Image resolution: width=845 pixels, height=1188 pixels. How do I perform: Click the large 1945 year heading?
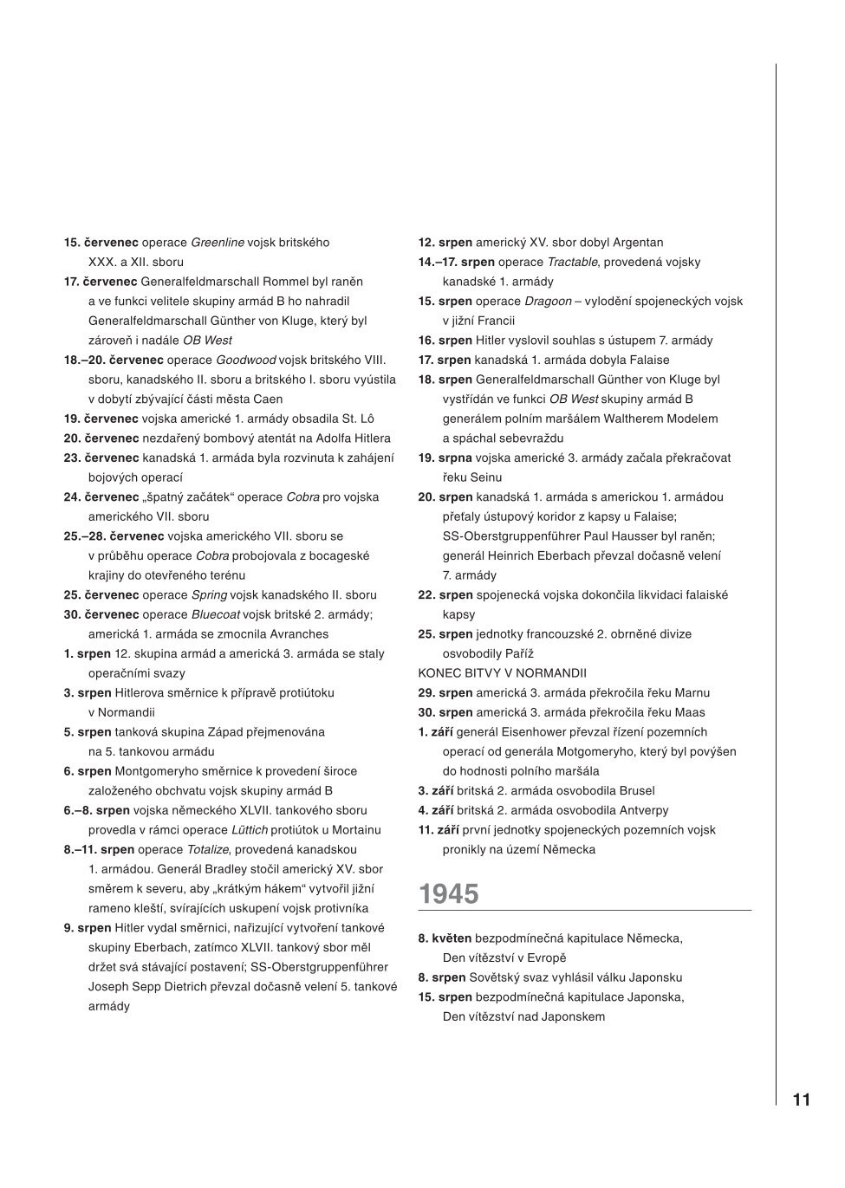tap(448, 894)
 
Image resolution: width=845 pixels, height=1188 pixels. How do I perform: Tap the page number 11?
tap(801, 1100)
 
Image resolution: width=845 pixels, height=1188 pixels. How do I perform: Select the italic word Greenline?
tap(218, 243)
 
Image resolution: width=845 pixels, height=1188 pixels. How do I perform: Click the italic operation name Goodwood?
tap(245, 360)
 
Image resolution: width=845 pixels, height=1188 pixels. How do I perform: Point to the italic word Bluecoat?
tap(216, 614)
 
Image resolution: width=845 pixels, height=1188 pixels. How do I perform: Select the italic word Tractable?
tap(572, 262)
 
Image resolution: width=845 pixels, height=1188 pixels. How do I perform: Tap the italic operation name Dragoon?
tap(548, 302)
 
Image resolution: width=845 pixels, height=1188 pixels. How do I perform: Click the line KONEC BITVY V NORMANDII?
tap(502, 673)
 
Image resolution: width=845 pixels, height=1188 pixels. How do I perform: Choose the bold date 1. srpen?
tap(88, 653)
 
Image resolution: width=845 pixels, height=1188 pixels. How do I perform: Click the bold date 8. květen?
tap(445, 938)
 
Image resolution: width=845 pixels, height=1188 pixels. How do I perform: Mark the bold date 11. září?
tap(439, 830)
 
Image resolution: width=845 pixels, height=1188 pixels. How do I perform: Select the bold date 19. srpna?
tap(445, 458)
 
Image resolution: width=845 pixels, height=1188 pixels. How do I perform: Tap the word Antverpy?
tap(644, 810)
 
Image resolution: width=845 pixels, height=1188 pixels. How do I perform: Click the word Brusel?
tap(637, 791)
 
